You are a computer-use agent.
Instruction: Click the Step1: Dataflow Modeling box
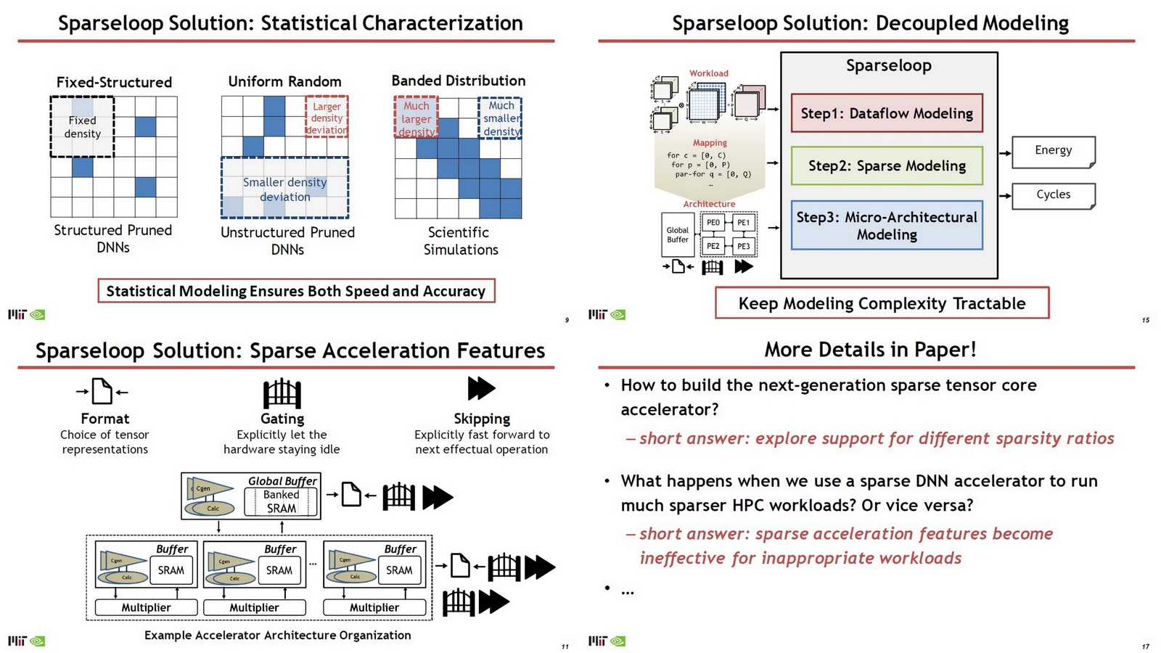pyautogui.click(x=887, y=113)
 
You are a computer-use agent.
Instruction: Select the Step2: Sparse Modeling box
pyautogui.click(x=887, y=166)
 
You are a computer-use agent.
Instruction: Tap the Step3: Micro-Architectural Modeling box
pyautogui.click(x=887, y=226)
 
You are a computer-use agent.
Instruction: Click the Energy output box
pyautogui.click(x=1053, y=151)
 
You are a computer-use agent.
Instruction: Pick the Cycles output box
pyautogui.click(x=1053, y=195)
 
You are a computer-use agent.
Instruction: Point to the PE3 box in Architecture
pyautogui.click(x=744, y=247)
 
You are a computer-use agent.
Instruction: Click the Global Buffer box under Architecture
pyautogui.click(x=678, y=234)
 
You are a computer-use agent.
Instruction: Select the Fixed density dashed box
pyautogui.click(x=82, y=127)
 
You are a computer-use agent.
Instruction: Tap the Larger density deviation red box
pyautogui.click(x=327, y=117)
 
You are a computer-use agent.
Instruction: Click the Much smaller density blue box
pyautogui.click(x=501, y=118)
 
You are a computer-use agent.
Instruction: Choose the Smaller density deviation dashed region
pyautogui.click(x=284, y=189)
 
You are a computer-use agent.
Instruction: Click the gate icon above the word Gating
pyautogui.click(x=282, y=394)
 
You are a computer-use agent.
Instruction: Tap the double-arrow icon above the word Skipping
pyautogui.click(x=481, y=388)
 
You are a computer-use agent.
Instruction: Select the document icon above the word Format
pyautogui.click(x=102, y=392)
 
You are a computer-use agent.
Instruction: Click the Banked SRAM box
pyautogui.click(x=281, y=501)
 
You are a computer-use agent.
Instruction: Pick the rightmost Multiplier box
pyautogui.click(x=374, y=607)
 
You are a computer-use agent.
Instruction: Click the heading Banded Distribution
pyautogui.click(x=458, y=81)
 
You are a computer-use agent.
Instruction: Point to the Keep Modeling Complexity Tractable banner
pyautogui.click(x=882, y=303)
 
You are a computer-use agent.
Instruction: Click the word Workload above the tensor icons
pyautogui.click(x=708, y=73)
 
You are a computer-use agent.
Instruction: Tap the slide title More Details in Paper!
pyautogui.click(x=869, y=350)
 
